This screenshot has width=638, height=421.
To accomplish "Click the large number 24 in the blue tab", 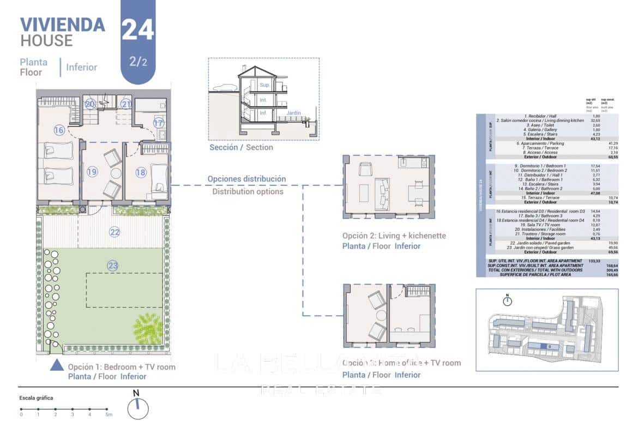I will tap(137, 29).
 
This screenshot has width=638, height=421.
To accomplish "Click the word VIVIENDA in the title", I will tap(62, 25).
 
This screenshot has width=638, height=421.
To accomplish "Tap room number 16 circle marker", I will tap(59, 130).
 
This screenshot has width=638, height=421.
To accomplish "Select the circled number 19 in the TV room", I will tap(92, 172).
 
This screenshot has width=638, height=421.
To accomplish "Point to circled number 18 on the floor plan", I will tap(141, 172).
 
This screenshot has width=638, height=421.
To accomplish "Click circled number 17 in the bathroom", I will tap(158, 123).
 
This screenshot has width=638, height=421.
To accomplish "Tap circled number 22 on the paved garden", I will tap(114, 232).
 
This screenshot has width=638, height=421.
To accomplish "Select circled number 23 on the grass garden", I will tap(113, 266).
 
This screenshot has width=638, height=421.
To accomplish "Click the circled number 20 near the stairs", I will tap(90, 104).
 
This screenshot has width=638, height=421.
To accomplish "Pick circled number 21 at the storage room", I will tap(126, 104).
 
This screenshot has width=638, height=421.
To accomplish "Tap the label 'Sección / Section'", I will tap(241, 147).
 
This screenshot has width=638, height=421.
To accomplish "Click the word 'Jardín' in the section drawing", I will tap(293, 113).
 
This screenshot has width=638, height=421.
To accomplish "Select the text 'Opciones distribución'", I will tap(246, 179).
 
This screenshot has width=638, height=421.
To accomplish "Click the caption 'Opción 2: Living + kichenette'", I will tap(394, 236).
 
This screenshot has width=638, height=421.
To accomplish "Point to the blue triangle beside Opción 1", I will tap(57, 365).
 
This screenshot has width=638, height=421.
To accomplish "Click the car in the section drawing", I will tap(224, 88).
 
